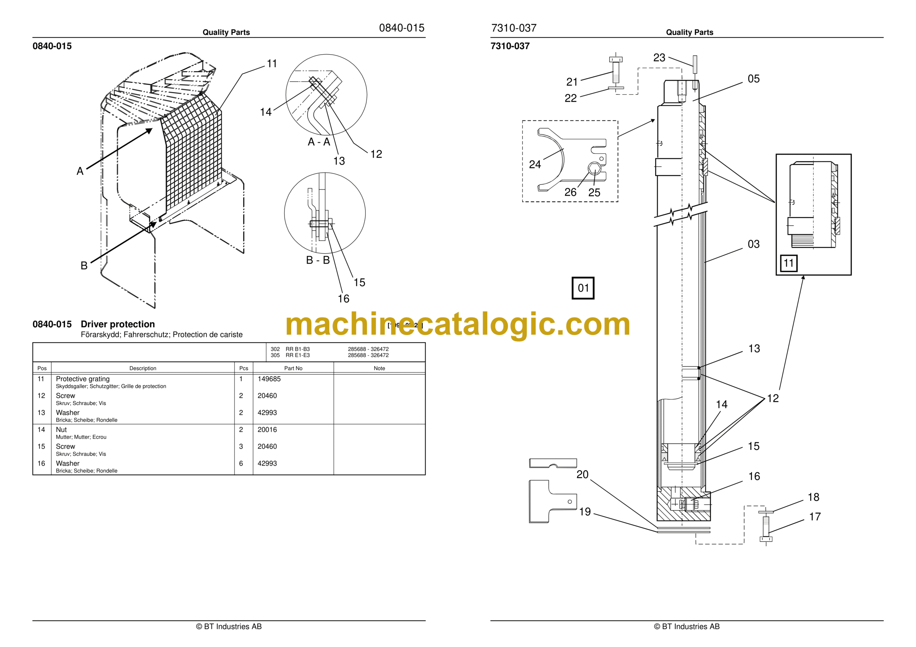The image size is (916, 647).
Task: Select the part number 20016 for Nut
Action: tap(267, 430)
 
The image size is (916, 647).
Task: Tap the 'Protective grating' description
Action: tap(83, 379)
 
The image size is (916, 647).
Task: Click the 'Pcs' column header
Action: tap(243, 368)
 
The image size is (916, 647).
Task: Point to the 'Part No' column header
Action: tap(293, 368)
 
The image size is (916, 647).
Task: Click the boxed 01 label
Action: tap(583, 288)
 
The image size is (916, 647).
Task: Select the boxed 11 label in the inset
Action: tap(788, 263)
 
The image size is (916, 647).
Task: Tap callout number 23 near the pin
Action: tap(659, 58)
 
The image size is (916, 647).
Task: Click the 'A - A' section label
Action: tap(319, 142)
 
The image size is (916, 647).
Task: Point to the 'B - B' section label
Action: tap(318, 260)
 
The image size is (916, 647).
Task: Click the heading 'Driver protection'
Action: tap(118, 324)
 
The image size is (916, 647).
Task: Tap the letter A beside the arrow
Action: tap(80, 171)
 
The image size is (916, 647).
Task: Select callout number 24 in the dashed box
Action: tap(535, 164)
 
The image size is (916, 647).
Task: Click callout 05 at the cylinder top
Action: tap(753, 79)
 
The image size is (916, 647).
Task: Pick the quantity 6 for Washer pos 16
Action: tap(241, 464)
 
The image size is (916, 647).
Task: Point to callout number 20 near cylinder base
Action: tap(583, 474)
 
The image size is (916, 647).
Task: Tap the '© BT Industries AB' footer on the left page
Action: tap(229, 627)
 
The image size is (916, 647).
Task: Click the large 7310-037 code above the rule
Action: tap(514, 28)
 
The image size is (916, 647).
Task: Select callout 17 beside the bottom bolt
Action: tap(815, 517)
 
